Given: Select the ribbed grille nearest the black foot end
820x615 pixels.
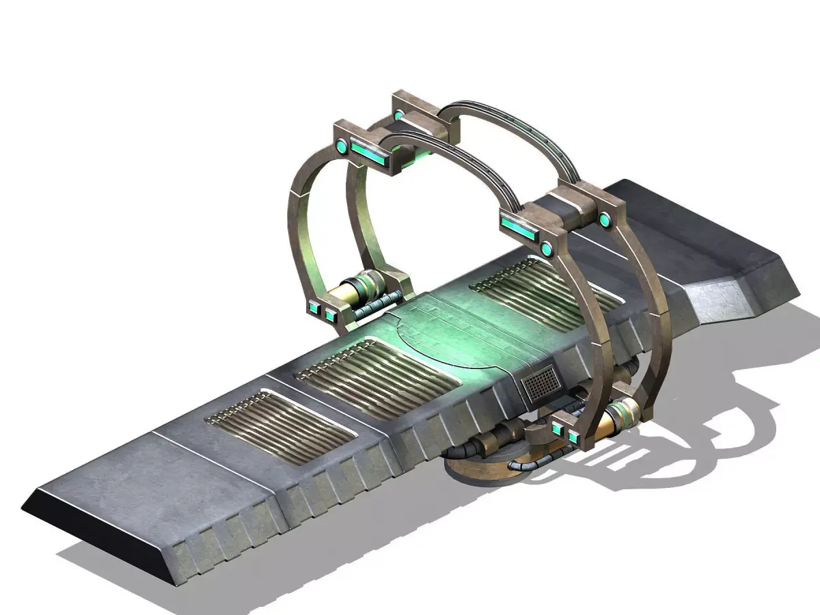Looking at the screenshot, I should click(x=280, y=426).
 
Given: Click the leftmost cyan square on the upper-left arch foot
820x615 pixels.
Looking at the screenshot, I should click(x=315, y=309).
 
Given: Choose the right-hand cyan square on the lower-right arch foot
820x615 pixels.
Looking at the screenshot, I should click(x=573, y=433).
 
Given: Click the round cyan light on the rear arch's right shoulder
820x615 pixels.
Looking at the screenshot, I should click(x=604, y=219).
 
